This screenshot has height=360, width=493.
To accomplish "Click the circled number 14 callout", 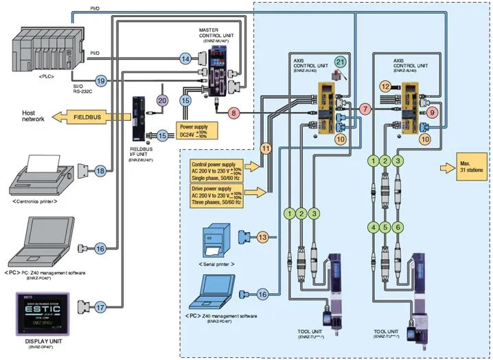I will click(x=185, y=60).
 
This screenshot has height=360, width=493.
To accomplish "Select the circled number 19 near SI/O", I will click(x=101, y=82).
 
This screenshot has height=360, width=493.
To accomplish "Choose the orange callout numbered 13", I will click(x=262, y=236).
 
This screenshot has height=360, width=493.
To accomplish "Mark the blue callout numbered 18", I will click(x=100, y=170).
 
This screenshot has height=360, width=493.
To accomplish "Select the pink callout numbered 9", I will click(x=432, y=111).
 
